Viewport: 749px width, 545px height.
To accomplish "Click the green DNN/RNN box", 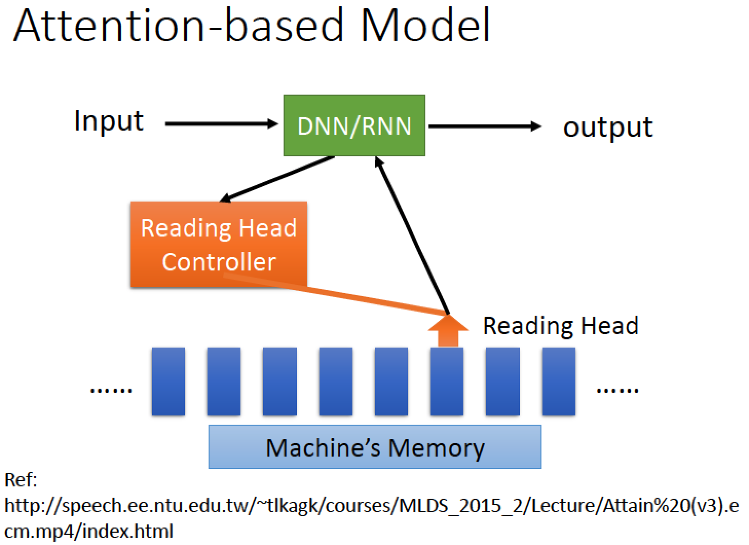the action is [x=354, y=125].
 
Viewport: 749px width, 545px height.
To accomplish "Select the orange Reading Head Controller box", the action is [x=219, y=244].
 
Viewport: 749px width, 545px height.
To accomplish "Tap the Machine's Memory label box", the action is [x=375, y=447].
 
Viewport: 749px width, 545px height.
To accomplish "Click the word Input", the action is [x=109, y=121].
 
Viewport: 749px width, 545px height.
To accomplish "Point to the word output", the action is [x=608, y=128].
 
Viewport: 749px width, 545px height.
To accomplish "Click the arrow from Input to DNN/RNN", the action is [x=221, y=124].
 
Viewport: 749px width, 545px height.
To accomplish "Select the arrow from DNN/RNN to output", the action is [x=485, y=126].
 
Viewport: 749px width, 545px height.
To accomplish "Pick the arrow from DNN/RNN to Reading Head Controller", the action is [x=277, y=179].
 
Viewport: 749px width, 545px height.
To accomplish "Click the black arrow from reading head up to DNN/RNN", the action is [x=412, y=235].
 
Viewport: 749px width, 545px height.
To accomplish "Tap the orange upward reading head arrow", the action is [x=448, y=331].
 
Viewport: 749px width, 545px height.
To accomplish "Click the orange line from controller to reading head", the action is [x=335, y=294].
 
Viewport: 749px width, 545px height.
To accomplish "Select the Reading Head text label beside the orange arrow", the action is [x=561, y=326].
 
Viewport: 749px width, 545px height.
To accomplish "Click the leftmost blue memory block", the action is [x=168, y=382].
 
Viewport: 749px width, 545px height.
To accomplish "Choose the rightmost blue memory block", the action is [x=559, y=382].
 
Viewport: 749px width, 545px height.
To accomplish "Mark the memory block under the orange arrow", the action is [x=447, y=382].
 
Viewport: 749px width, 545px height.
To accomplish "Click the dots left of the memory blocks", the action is [x=111, y=390].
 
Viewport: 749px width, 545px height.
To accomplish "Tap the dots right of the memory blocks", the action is [x=617, y=390].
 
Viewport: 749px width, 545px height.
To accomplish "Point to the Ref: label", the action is [x=21, y=480].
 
